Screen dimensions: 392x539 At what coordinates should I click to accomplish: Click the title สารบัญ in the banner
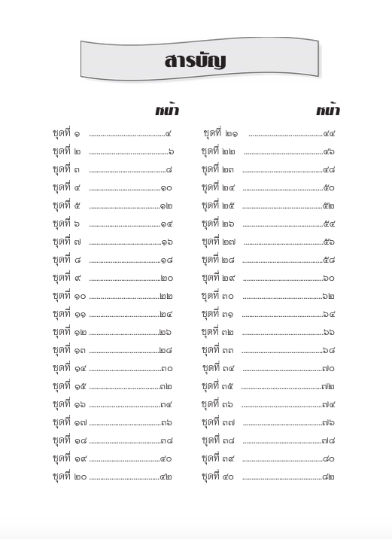click(x=195, y=61)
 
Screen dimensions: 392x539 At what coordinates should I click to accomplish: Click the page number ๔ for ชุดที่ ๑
click(x=169, y=134)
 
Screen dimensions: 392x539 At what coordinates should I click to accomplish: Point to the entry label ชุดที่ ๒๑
click(x=221, y=133)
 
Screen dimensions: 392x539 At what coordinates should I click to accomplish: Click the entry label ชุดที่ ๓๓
click(x=218, y=350)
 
